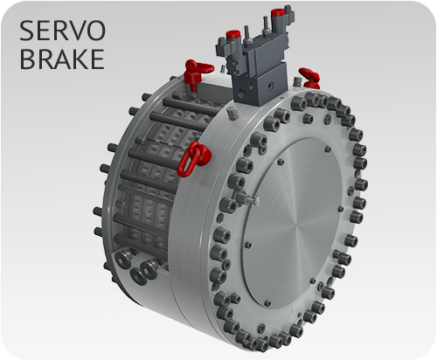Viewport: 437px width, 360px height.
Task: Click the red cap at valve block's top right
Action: pyautogui.click(x=278, y=14)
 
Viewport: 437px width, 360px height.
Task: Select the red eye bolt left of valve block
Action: pyautogui.click(x=192, y=67)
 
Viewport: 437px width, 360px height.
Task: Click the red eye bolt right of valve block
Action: pyautogui.click(x=307, y=74)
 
